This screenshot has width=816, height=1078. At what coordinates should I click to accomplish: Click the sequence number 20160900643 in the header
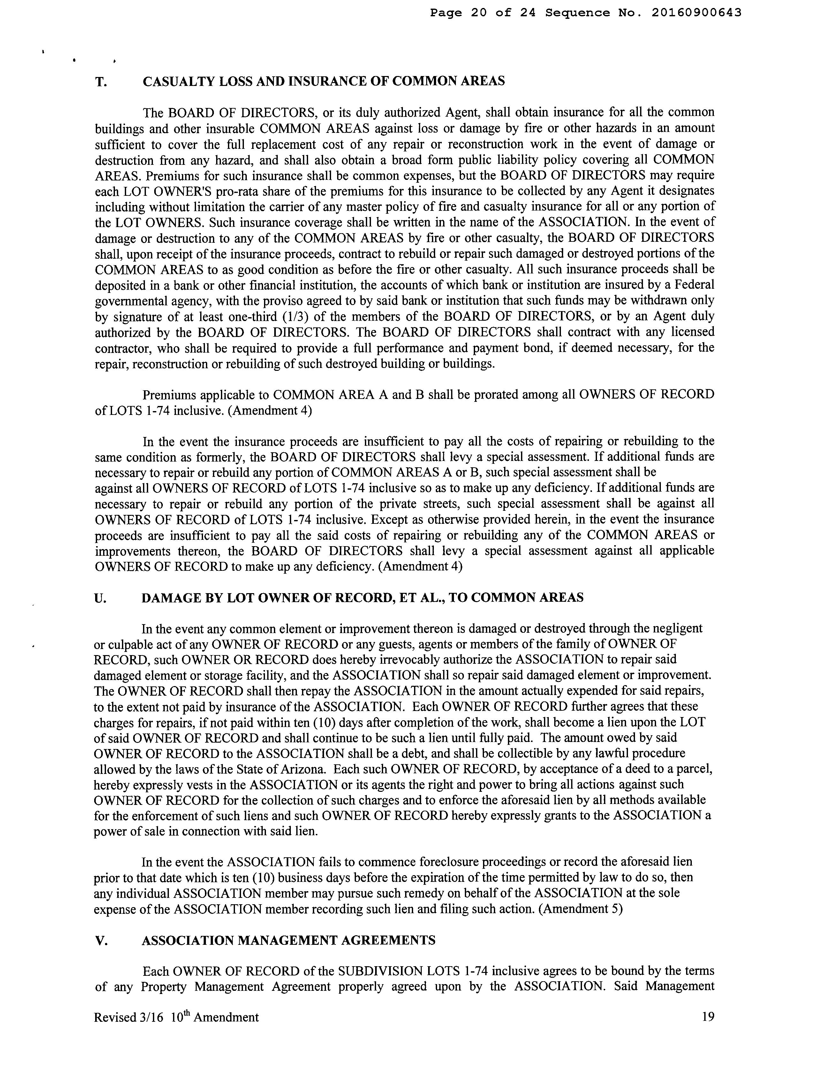coord(696,13)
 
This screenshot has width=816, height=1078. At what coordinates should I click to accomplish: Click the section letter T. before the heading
coord(101,82)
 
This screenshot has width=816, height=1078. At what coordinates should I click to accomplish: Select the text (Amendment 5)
coord(581,909)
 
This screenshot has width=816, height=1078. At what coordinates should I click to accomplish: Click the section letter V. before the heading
coord(100,941)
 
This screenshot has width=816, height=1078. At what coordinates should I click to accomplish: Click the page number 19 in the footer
coord(708,1017)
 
